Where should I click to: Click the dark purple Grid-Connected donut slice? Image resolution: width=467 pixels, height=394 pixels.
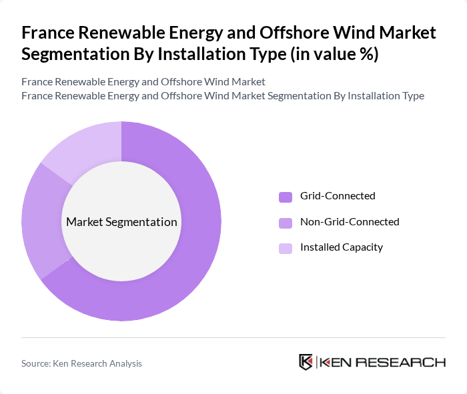click(x=193, y=267)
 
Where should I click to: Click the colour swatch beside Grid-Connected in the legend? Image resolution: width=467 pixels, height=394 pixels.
click(x=285, y=197)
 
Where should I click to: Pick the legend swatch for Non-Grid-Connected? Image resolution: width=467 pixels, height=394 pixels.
click(x=285, y=222)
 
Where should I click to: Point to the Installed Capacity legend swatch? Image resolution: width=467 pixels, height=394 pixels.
click(x=285, y=248)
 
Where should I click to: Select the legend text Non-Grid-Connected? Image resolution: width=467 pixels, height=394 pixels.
click(x=350, y=221)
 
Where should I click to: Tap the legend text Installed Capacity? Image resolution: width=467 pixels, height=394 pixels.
click(x=342, y=247)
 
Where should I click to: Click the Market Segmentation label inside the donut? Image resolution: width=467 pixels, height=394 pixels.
click(x=121, y=222)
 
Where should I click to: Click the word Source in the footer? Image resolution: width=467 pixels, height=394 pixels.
click(x=36, y=363)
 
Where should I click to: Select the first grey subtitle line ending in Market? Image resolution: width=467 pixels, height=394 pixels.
click(x=143, y=82)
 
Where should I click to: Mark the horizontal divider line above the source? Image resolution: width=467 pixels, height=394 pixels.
click(x=233, y=337)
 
